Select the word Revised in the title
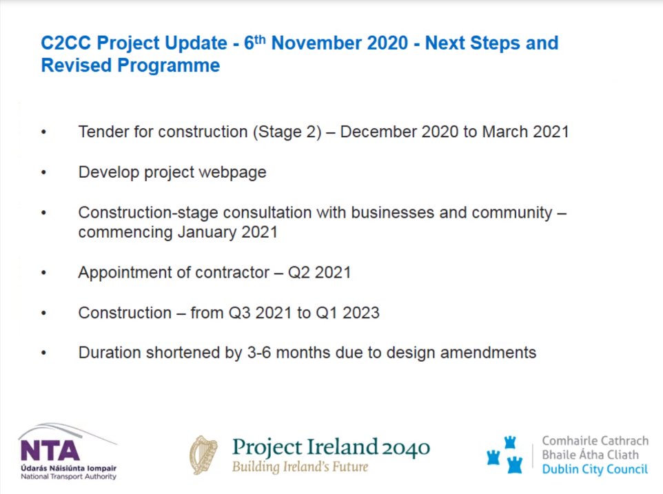[x=76, y=66]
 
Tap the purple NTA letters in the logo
[x=50, y=451]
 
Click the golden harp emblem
[x=203, y=455]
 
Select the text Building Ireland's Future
[x=300, y=467]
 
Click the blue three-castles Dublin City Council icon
[x=505, y=455]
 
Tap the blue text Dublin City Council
[x=594, y=470]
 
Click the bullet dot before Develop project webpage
[x=45, y=173]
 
